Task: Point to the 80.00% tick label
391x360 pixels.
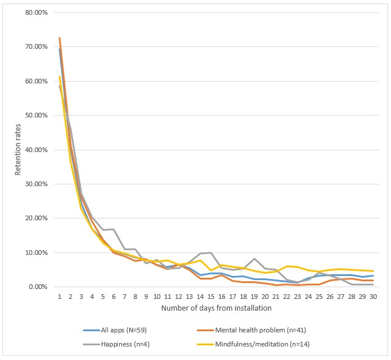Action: (34, 12)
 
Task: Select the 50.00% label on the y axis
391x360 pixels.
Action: (34, 115)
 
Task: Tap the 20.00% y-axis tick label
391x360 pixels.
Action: (34, 218)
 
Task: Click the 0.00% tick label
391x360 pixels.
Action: (36, 287)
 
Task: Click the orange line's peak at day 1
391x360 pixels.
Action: (59, 38)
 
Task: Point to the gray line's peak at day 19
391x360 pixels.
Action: (254, 258)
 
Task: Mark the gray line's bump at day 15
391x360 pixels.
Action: (211, 253)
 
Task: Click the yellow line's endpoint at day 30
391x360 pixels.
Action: (373, 271)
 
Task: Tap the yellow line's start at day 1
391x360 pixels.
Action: (59, 76)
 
